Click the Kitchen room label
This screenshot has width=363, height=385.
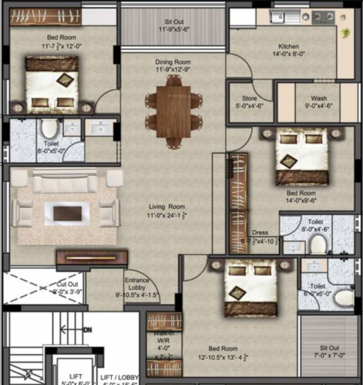[x=289, y=46]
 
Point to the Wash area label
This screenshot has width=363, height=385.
[x=319, y=98]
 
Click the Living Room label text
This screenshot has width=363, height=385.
[x=166, y=207]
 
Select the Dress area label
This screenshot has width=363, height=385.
[x=260, y=233]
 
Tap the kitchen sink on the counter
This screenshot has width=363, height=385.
[x=279, y=17]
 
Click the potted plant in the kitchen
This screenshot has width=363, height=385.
[x=347, y=31]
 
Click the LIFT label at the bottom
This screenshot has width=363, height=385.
[x=67, y=377]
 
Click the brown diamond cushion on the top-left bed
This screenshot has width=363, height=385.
[x=65, y=80]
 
